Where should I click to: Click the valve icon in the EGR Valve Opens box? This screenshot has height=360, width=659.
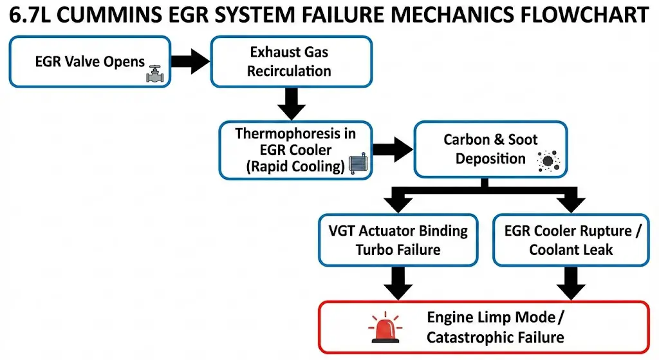click(155, 74)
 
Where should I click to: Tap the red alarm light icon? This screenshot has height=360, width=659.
click(385, 327)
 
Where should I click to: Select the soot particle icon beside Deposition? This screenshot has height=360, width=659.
click(548, 161)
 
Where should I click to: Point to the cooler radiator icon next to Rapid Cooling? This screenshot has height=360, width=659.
click(358, 164)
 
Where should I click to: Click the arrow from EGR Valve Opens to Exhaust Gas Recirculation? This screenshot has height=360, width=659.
click(190, 61)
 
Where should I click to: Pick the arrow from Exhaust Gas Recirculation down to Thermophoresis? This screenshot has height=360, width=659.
click(292, 104)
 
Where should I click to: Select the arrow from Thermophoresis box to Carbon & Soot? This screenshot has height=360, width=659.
click(393, 149)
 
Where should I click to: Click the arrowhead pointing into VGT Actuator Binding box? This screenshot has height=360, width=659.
click(398, 205)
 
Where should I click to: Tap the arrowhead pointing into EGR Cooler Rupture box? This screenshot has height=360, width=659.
click(571, 205)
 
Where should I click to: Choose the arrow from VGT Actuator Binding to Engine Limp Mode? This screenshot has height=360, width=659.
click(398, 283)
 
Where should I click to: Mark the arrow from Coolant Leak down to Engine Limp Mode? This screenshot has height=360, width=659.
click(571, 283)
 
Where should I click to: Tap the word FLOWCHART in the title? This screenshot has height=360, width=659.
click(584, 15)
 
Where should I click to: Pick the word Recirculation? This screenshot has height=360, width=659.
click(289, 71)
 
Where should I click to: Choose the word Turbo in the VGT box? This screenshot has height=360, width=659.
click(373, 250)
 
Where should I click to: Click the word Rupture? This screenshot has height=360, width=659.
click(606, 231)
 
